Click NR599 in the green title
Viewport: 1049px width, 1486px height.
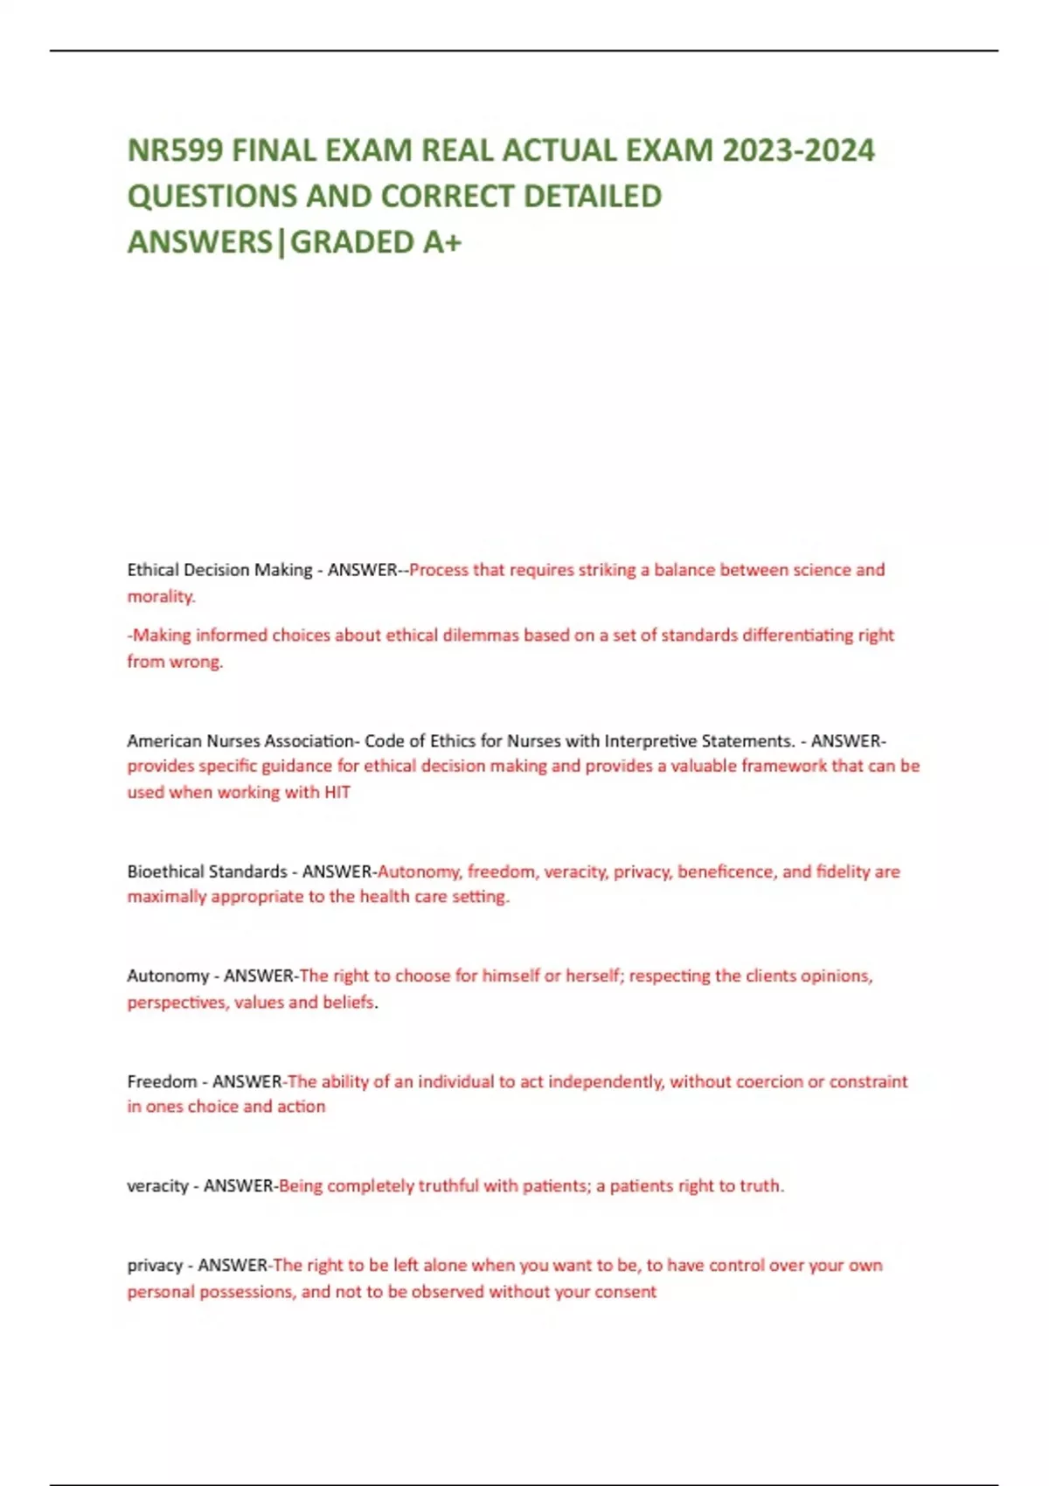click(x=174, y=150)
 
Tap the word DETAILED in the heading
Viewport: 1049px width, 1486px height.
click(x=593, y=196)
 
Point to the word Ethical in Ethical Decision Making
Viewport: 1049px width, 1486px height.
click(x=153, y=570)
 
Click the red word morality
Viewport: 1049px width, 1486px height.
click(x=161, y=596)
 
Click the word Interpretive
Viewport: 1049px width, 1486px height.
click(x=650, y=741)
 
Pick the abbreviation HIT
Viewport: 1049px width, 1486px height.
click(x=337, y=793)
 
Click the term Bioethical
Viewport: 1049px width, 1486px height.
click(x=163, y=871)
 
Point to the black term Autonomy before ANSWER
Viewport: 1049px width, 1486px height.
click(x=168, y=976)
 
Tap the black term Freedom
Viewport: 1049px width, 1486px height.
click(x=162, y=1081)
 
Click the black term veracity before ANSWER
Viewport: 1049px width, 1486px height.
click(x=158, y=1186)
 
